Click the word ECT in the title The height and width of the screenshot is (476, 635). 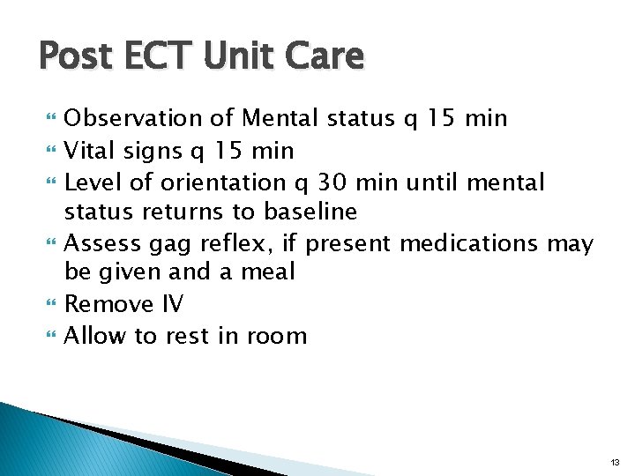pos(166,57)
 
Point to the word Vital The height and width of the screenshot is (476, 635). pos(89,151)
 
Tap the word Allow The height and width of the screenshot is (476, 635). pos(92,335)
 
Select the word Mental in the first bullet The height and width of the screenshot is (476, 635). pos(282,118)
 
